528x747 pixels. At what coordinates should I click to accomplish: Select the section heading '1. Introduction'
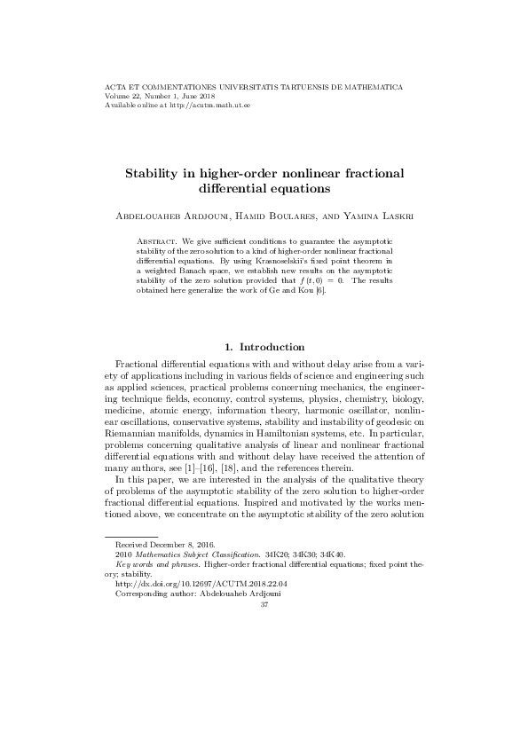(x=264, y=347)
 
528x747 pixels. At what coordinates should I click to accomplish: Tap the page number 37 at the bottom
(x=264, y=605)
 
